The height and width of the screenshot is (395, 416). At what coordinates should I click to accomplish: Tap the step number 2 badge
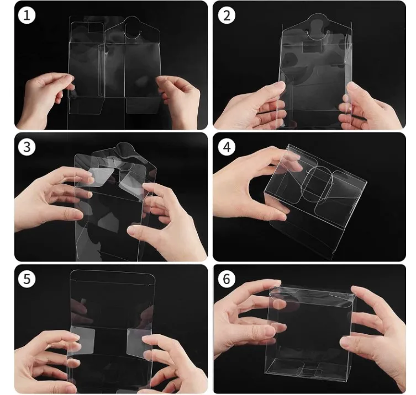coord(226,15)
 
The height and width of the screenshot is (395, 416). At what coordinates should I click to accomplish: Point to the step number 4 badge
coord(226,147)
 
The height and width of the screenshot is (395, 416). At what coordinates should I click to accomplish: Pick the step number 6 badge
coord(226,279)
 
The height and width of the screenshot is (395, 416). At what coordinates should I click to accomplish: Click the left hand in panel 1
coord(44,99)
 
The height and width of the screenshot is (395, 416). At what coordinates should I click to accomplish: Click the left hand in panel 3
coord(50,199)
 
